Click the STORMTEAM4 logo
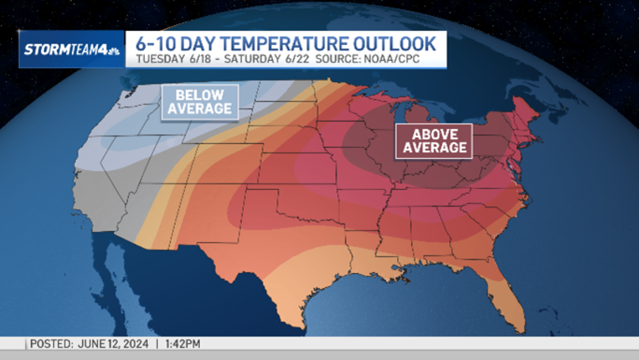click(71, 50)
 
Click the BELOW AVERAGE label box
click(200, 102)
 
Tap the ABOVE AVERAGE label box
click(434, 141)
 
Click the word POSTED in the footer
click(51, 344)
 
